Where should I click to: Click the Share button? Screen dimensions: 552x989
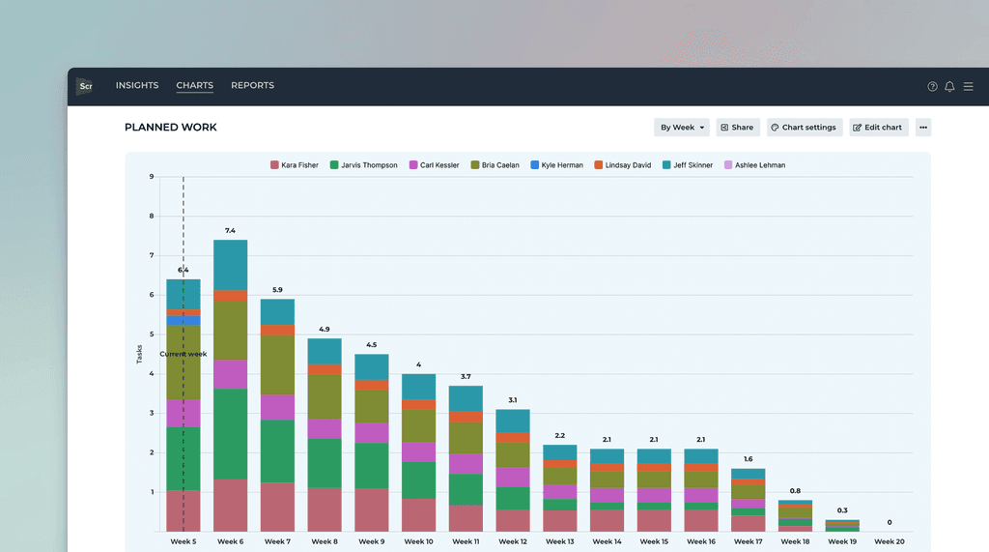(738, 128)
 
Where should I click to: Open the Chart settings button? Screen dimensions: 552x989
(805, 128)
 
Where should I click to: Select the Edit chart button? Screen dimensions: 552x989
(879, 128)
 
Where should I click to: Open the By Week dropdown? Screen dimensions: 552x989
(682, 128)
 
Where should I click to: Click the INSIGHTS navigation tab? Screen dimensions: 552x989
(137, 86)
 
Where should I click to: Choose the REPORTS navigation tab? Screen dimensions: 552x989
(252, 86)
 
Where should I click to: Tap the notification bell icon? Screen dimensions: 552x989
(949, 87)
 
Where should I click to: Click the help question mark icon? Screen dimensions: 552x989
(932, 87)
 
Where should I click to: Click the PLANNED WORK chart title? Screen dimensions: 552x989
(171, 128)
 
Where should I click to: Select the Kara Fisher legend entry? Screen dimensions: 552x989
(295, 165)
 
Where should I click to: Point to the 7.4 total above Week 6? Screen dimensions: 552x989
(230, 231)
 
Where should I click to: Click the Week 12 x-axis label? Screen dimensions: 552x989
(512, 541)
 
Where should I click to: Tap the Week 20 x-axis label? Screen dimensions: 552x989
(890, 541)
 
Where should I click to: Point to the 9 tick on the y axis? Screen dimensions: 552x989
(151, 177)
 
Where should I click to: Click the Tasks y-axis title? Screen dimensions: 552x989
(139, 354)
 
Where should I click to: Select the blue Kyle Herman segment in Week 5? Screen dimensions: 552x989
(174, 320)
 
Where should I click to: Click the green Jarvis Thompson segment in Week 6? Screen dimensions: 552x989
(230, 433)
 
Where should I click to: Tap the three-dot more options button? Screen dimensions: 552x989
(923, 128)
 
